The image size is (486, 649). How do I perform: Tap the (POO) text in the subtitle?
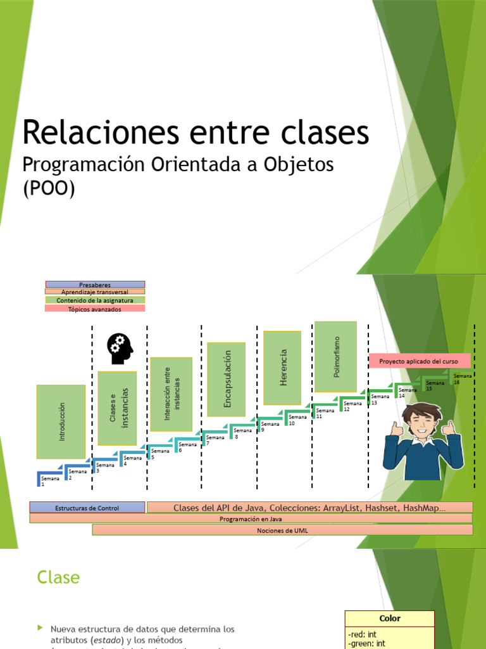click(49, 188)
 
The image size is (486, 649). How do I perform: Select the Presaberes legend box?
click(95, 285)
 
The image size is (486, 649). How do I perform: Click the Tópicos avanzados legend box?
click(95, 309)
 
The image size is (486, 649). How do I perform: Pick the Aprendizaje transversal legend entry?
click(95, 292)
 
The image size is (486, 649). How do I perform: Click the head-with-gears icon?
click(120, 349)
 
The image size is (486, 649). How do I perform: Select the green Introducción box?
click(61, 421)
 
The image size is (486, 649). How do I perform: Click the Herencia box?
click(282, 368)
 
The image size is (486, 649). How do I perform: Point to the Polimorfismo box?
click(336, 356)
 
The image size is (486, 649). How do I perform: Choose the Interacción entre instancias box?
click(171, 394)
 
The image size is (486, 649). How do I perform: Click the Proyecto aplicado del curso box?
click(420, 361)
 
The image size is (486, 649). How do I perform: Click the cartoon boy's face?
click(423, 423)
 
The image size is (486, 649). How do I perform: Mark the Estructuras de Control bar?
click(87, 508)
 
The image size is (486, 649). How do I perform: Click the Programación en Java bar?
click(251, 518)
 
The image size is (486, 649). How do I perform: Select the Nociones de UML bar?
click(282, 530)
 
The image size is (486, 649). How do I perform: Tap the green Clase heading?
click(58, 577)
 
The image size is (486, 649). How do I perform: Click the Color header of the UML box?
click(390, 619)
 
